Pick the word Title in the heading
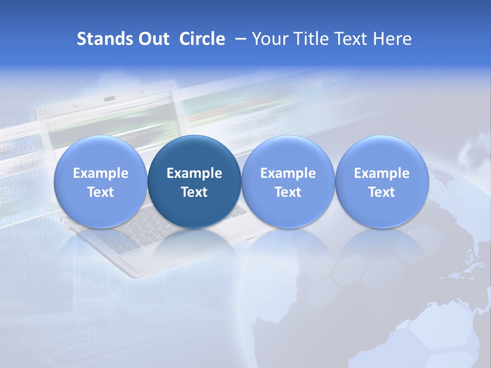(x=311, y=39)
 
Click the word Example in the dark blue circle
(x=194, y=173)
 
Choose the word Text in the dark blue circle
(x=194, y=192)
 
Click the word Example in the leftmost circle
(x=101, y=173)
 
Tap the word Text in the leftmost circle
(x=101, y=192)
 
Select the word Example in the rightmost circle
(x=382, y=173)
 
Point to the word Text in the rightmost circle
(x=382, y=192)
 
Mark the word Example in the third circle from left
(x=288, y=173)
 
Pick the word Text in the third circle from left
(x=288, y=192)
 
